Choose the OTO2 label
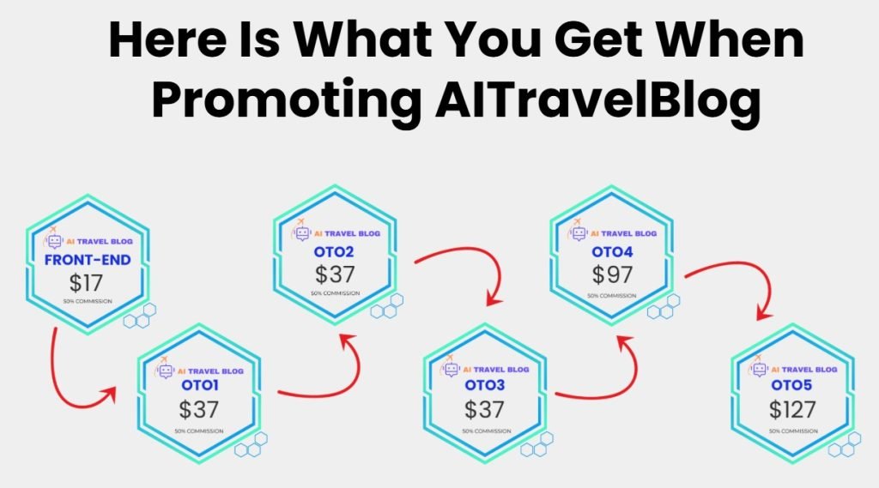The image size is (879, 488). pyautogui.click(x=334, y=252)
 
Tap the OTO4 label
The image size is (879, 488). pyautogui.click(x=612, y=252)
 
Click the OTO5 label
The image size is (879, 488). pyautogui.click(x=792, y=385)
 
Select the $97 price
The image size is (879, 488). pyautogui.click(x=612, y=274)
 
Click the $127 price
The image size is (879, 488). pyautogui.click(x=792, y=408)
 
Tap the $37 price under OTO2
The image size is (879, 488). pyautogui.click(x=334, y=274)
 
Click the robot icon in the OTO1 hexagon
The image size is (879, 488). pyautogui.click(x=166, y=371)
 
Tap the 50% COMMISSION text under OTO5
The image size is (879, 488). pyautogui.click(x=792, y=431)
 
